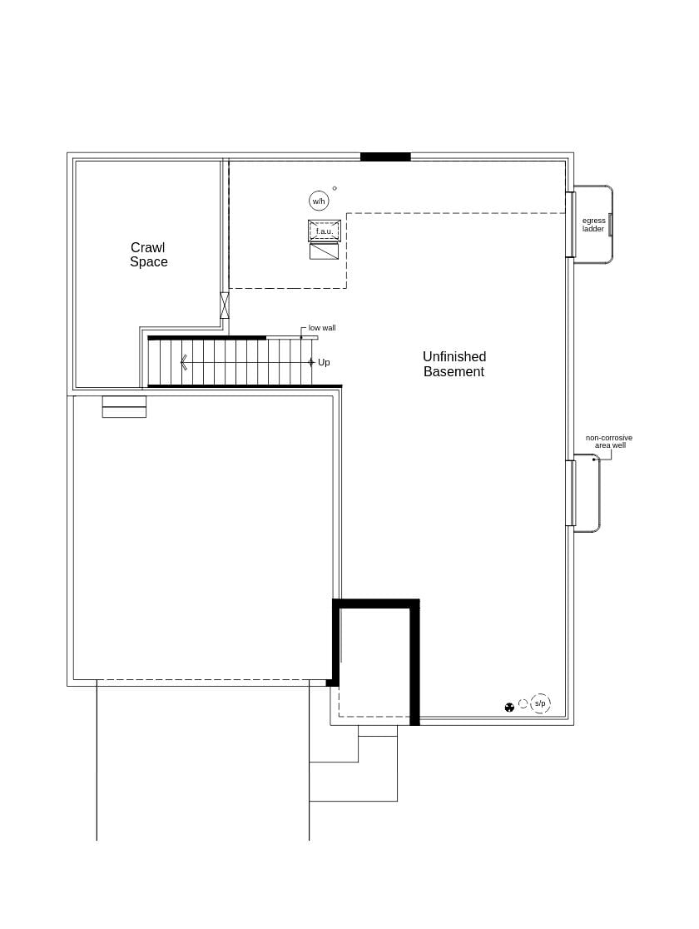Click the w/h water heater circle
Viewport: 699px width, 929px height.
pos(319,201)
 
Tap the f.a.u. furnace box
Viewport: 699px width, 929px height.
pos(324,231)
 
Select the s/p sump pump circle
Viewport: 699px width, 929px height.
pos(540,704)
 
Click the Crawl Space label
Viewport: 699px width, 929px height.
pos(149,255)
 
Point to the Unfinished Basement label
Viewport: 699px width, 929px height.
pos(454,365)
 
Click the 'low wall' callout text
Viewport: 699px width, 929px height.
pos(322,328)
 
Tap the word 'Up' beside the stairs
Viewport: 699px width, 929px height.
pos(324,363)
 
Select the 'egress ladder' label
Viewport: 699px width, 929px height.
pos(593,225)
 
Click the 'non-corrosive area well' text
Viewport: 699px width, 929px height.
pos(608,442)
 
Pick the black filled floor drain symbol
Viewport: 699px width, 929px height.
pos(509,707)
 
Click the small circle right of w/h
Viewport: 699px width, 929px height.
pos(335,188)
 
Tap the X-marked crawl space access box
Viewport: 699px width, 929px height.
pos(224,306)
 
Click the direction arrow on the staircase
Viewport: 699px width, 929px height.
pos(184,362)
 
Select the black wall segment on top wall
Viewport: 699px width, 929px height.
pos(385,156)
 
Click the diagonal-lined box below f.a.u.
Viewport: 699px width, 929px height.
pos(324,251)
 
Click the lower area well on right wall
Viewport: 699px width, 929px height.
pos(587,494)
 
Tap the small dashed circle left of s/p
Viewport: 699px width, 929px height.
pos(523,704)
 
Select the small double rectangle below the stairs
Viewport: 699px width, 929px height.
pos(124,407)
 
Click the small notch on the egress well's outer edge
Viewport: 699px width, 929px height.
pos(610,225)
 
